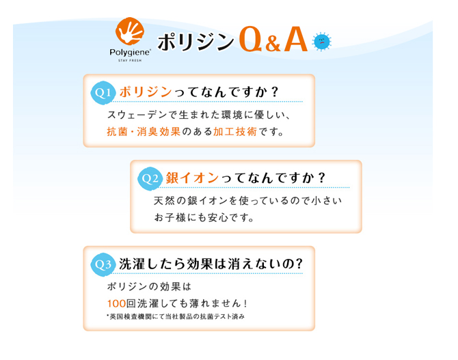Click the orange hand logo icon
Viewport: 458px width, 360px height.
click(130, 31)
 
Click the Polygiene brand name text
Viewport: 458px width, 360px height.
click(131, 53)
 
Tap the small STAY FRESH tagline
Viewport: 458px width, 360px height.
click(130, 60)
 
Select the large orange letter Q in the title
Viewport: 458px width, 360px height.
click(251, 40)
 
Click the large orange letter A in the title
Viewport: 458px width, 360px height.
click(295, 39)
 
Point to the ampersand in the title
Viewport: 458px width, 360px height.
click(273, 44)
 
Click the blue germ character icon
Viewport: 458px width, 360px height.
click(321, 42)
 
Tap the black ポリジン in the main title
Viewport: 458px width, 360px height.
click(196, 42)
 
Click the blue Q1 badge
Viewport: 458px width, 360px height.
click(103, 92)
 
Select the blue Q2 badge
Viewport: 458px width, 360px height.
click(150, 178)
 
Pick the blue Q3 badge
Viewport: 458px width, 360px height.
click(103, 264)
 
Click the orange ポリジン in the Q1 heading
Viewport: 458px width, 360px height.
click(146, 92)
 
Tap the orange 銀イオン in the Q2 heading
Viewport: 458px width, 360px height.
click(192, 178)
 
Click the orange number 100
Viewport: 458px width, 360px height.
click(116, 303)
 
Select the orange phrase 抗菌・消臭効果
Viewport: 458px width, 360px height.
click(144, 132)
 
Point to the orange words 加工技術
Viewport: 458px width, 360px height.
click(235, 132)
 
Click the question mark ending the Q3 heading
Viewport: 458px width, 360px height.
click(299, 264)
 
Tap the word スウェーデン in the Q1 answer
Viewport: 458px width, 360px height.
click(137, 115)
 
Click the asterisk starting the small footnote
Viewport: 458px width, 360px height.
click(108, 315)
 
